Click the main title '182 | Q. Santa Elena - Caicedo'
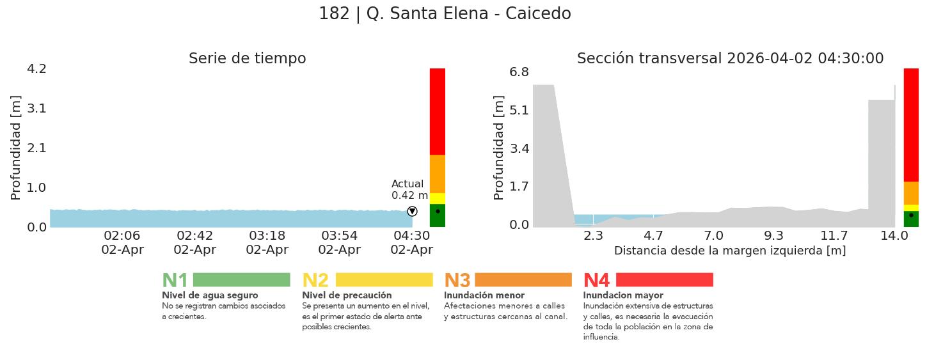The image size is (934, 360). (445, 14)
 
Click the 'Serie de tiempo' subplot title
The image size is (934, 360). (247, 59)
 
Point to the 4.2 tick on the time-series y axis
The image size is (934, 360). (36, 68)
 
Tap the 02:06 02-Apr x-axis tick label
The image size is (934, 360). (122, 243)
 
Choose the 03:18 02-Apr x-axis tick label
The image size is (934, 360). (267, 243)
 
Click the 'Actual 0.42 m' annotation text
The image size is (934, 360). (409, 190)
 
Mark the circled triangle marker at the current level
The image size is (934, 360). (412, 212)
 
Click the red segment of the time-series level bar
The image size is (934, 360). (438, 111)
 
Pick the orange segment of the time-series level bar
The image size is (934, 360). (438, 174)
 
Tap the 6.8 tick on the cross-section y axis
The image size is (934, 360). (519, 72)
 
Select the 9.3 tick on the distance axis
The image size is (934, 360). (773, 236)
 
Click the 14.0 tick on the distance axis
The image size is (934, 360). (894, 236)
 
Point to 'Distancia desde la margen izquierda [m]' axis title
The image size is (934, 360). (730, 251)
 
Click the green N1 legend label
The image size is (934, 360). (175, 280)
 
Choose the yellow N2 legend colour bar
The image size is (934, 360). (384, 280)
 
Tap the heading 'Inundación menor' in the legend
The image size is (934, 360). (484, 295)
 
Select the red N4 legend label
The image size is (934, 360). (596, 280)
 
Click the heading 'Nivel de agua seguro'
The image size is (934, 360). (210, 295)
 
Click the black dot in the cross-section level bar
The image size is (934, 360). (911, 215)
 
